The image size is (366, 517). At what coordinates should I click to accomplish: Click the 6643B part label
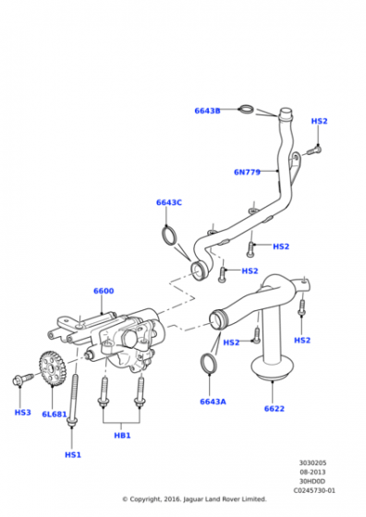pyautogui.click(x=207, y=111)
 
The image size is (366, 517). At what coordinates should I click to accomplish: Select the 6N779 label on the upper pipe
pyautogui.click(x=247, y=172)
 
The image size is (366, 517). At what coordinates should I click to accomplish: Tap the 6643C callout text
pyautogui.click(x=168, y=202)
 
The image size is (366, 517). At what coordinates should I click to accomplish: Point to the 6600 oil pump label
pyautogui.click(x=104, y=291)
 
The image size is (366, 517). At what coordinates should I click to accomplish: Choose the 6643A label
pyautogui.click(x=213, y=402)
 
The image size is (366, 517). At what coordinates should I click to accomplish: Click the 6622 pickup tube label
pyautogui.click(x=274, y=408)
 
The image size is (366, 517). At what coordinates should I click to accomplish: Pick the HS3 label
pyautogui.click(x=22, y=413)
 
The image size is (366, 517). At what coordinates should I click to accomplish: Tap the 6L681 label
pyautogui.click(x=55, y=414)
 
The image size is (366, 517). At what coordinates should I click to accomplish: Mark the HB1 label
pyautogui.click(x=122, y=434)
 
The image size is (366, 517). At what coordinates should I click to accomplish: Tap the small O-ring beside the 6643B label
pyautogui.click(x=245, y=111)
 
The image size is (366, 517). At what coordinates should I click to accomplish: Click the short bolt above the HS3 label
pyautogui.click(x=20, y=379)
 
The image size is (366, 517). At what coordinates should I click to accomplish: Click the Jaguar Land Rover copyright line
pyautogui.click(x=193, y=499)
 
